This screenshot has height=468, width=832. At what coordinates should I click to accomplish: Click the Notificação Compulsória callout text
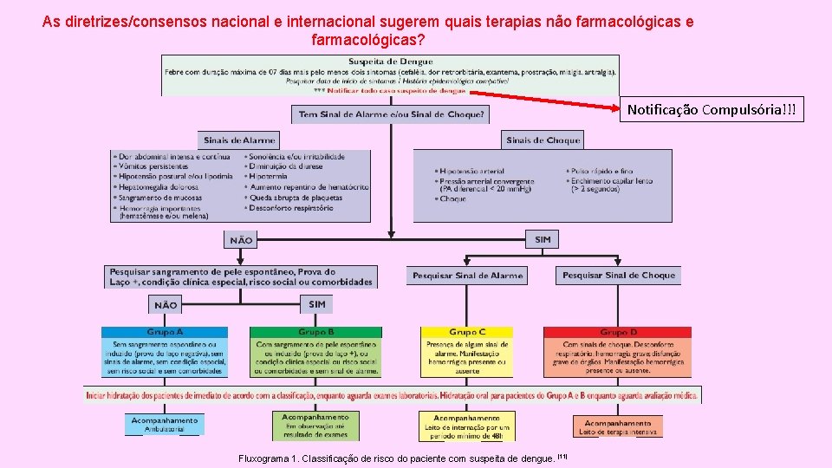pos(715,110)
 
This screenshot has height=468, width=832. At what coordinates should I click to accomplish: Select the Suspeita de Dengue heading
pos(390,61)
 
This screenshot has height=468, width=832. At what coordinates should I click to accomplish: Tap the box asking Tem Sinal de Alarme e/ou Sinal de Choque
pos(392,114)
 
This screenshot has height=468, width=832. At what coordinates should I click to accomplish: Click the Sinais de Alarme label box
pos(239,140)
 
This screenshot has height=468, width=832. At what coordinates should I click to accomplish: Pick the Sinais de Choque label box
pos(543,140)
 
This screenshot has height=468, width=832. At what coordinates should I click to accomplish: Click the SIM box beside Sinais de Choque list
pos(543,239)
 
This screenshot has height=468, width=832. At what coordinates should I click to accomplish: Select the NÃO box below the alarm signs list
pos(241,240)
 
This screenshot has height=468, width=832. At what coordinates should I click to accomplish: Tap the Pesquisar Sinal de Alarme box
pos(468,275)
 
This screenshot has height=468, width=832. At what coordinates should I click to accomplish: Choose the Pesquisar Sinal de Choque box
pos(618,275)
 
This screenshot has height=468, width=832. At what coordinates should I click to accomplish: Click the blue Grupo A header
pos(165,332)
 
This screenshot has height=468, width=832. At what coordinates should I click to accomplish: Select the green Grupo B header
pos(315,332)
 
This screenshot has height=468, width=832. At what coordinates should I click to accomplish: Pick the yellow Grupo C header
pos(467,332)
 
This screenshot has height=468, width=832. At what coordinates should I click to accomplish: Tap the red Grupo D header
pos(618,332)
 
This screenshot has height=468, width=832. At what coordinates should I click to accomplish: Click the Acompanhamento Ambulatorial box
pos(165,424)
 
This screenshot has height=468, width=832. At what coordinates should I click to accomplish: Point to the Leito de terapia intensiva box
pos(618,426)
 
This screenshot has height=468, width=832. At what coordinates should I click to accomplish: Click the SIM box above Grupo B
pos(316,304)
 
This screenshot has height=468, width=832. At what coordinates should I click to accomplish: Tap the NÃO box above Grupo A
pos(165,305)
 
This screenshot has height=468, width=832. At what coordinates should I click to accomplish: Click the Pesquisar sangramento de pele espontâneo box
pos(240,276)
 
